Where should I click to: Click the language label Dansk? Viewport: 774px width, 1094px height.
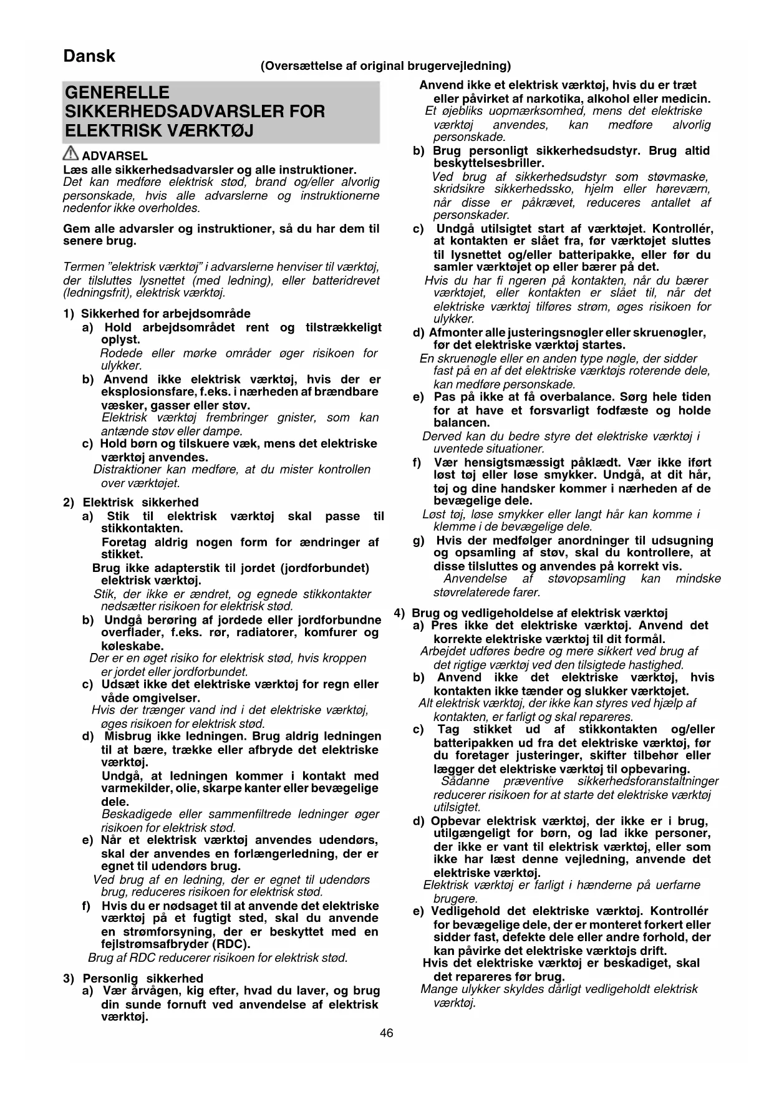(89, 56)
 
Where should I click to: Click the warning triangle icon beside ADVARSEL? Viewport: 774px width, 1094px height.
(71, 154)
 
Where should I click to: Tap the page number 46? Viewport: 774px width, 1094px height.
(386, 1033)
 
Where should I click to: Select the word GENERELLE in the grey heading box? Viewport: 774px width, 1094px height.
(117, 93)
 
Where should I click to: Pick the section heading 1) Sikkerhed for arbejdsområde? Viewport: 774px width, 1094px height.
(157, 313)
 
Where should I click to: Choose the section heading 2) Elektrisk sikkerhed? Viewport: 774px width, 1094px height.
(131, 502)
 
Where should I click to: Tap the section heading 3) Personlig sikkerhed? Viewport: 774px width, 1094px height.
(133, 978)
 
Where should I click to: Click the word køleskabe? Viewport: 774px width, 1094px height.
(132, 646)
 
